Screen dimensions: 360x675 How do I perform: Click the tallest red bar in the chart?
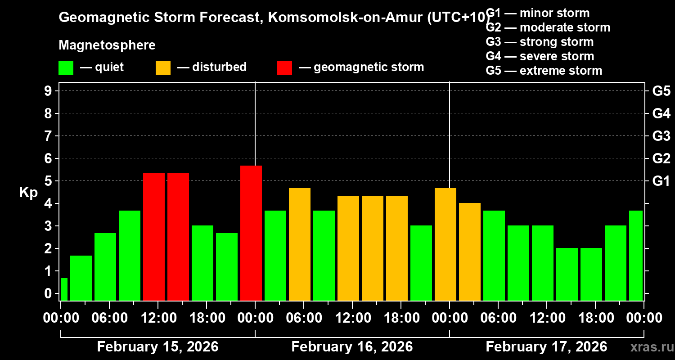[x=251, y=233]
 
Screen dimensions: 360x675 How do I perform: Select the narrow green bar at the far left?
[x=64, y=289]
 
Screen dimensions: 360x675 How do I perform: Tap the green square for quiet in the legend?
[x=66, y=67]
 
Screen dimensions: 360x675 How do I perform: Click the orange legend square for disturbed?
[x=163, y=67]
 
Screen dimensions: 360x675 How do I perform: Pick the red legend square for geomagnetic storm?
[x=284, y=67]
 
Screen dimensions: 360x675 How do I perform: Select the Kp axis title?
[x=28, y=193]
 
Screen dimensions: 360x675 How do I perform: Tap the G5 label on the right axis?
[x=661, y=91]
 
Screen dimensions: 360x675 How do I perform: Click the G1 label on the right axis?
[x=661, y=181]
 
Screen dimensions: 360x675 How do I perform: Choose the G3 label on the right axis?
[x=661, y=136]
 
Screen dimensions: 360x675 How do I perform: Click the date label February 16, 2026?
[x=352, y=347]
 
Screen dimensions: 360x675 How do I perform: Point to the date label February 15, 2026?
[x=157, y=347]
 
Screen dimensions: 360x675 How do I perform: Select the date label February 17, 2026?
[x=546, y=347]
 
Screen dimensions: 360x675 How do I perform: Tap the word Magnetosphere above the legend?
[x=107, y=45]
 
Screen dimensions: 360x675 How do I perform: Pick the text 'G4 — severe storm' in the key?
[x=540, y=56]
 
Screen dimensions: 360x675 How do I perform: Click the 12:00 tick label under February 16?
[x=352, y=318]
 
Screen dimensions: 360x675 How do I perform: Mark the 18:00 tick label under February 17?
[x=595, y=318]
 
